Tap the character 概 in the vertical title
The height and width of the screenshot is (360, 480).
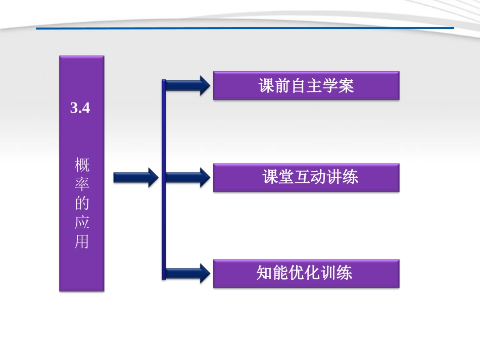81,166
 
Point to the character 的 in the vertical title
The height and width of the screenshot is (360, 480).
81,203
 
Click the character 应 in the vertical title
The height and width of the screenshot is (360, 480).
81,223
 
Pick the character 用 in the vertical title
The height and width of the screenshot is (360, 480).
81,242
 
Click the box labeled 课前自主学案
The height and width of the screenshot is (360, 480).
306,85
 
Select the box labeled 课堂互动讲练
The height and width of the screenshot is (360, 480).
306,177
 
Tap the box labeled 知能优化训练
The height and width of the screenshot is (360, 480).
306,273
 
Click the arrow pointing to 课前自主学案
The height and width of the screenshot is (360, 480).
187,85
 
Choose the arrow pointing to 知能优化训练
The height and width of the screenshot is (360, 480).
187,274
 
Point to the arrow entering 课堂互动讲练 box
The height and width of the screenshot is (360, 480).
187,177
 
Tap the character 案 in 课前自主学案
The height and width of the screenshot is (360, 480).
346,85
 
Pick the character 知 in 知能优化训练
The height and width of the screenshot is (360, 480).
264,273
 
